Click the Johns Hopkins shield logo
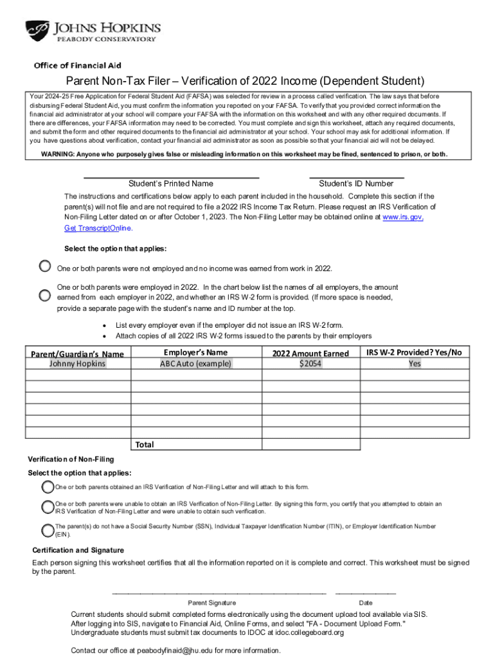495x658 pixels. click(x=38, y=31)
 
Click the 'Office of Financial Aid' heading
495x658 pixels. click(x=77, y=66)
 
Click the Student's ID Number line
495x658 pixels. click(x=356, y=176)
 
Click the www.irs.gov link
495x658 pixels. click(x=403, y=218)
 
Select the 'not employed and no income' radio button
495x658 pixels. click(x=44, y=266)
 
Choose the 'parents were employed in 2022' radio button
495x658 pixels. click(x=44, y=296)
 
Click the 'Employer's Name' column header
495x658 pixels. click(x=195, y=352)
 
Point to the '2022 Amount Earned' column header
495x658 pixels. click(x=310, y=353)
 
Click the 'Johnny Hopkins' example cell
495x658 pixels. click(x=78, y=364)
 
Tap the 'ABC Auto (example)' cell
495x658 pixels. click(x=195, y=364)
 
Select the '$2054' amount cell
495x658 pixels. click(x=310, y=364)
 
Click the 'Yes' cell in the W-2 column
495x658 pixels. click(x=415, y=364)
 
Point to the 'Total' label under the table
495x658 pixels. click(x=145, y=444)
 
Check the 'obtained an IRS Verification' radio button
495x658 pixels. click(x=48, y=487)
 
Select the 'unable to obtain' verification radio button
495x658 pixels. click(x=48, y=508)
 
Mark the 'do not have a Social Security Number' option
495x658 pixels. click(x=48, y=530)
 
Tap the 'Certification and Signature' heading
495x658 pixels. click(x=78, y=550)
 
